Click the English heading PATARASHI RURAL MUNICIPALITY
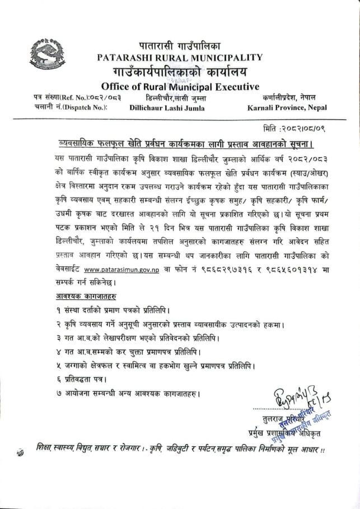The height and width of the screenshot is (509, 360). click(180, 57)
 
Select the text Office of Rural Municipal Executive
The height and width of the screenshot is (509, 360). click(180, 86)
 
